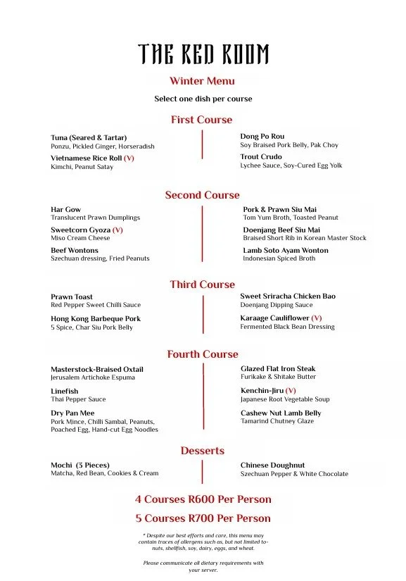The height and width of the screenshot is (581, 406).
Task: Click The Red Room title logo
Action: [x=203, y=54]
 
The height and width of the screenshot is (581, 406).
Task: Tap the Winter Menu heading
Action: [x=202, y=81]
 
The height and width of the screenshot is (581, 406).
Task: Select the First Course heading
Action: [x=201, y=120]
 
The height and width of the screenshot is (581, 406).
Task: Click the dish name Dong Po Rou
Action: [x=262, y=137]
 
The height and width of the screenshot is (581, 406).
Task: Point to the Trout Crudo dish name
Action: [x=261, y=157]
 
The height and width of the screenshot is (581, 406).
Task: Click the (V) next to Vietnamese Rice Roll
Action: [x=129, y=158]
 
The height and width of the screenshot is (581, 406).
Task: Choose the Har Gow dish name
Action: [x=65, y=210]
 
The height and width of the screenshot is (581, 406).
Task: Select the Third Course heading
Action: [x=202, y=285]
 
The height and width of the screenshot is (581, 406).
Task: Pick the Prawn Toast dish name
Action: [x=72, y=297]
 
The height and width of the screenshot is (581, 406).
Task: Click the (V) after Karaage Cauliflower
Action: [x=317, y=318]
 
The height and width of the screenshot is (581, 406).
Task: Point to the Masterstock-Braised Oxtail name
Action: [x=97, y=370]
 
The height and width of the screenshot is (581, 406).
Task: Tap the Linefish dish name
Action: [x=65, y=392]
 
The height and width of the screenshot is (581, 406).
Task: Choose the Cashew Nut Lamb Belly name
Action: [x=281, y=413]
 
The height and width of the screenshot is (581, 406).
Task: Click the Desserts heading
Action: [x=202, y=451]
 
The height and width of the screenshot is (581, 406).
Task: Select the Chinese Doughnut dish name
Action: [x=273, y=466]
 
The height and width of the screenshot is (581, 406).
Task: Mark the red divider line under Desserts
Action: [x=203, y=472]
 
